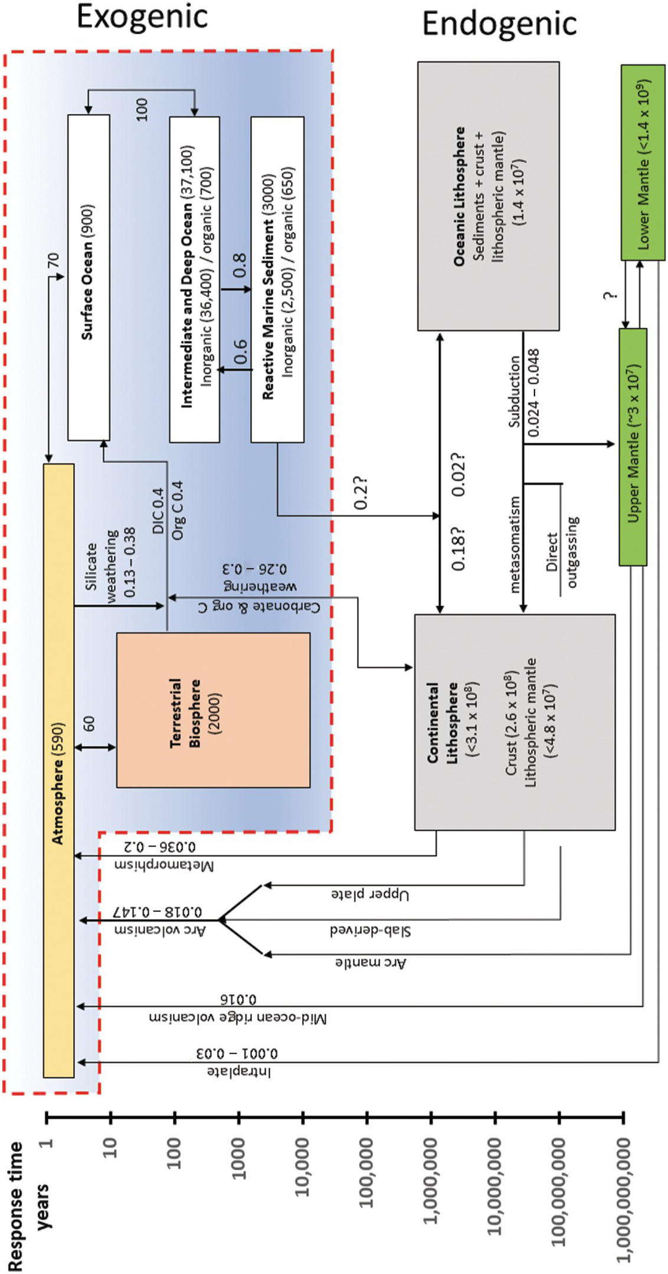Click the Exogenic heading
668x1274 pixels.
pos(142,17)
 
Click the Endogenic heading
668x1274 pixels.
pos(499,25)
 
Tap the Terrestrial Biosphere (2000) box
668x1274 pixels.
pos(213,710)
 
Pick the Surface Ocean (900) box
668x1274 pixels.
pos(89,278)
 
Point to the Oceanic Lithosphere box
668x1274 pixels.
pos(488,195)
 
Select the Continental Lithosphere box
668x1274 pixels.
pos(515,722)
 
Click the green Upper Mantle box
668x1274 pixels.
pos(633,446)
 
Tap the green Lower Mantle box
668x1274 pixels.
pos(643,162)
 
